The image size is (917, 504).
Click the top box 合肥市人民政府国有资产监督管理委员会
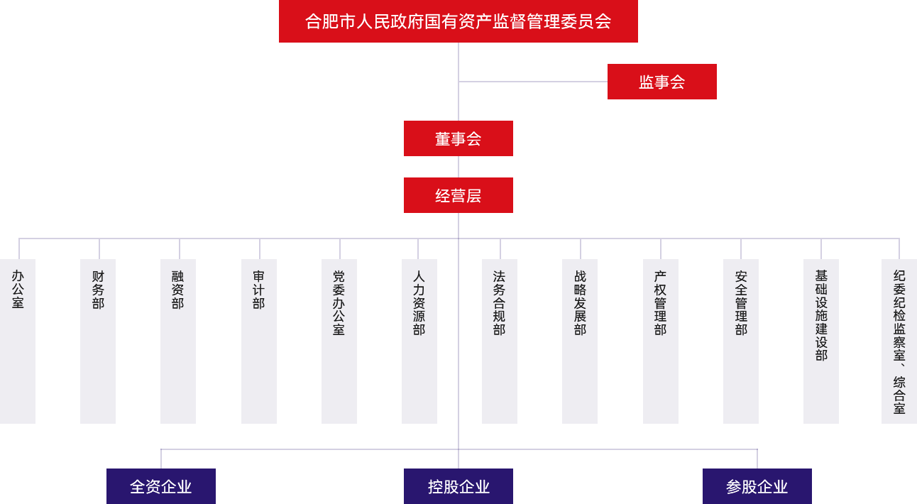[458, 21]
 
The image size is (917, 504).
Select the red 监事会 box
[661, 82]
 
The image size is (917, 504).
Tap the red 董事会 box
[458, 138]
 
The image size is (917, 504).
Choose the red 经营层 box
[458, 195]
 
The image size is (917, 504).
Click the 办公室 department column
[18, 341]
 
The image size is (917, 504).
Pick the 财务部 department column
[97, 341]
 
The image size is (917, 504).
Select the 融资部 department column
[178, 341]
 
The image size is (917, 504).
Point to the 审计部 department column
[258, 341]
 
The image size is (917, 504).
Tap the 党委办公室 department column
[339, 341]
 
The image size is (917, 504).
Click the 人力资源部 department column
[419, 341]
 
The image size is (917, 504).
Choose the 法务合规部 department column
[499, 341]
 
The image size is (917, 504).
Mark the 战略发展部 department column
[579, 341]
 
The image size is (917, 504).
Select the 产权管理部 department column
[660, 341]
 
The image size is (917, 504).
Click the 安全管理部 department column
[740, 341]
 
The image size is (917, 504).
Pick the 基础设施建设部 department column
[820, 341]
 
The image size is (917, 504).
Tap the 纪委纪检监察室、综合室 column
[899, 341]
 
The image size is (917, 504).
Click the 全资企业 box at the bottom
[160, 486]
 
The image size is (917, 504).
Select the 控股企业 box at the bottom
[458, 486]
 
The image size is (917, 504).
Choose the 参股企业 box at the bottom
[757, 486]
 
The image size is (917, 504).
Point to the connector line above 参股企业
[757, 459]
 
